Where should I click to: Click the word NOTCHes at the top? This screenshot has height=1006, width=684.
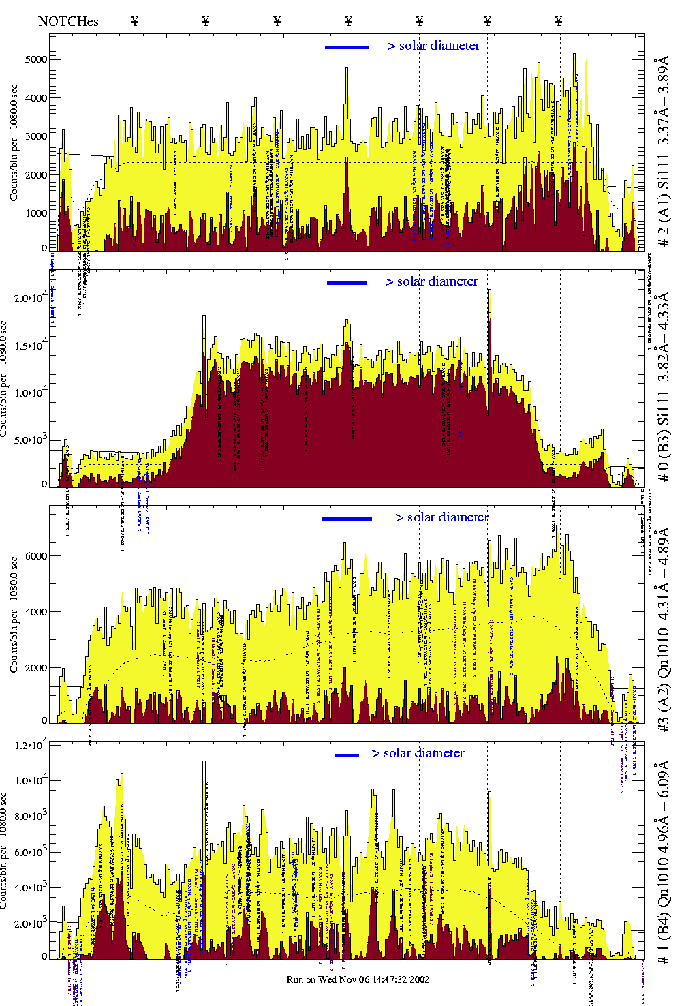click(x=68, y=21)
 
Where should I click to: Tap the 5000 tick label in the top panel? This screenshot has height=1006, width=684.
click(x=36, y=59)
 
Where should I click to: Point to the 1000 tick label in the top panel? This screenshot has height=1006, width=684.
click(x=36, y=213)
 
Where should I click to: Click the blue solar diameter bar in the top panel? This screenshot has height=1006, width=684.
click(x=347, y=47)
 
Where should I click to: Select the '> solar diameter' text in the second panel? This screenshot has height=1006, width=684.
click(x=431, y=281)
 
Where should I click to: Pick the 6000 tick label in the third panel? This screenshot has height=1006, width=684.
click(x=36, y=556)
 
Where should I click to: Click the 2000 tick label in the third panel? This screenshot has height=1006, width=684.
click(x=36, y=668)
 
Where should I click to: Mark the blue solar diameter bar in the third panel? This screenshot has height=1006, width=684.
click(x=347, y=519)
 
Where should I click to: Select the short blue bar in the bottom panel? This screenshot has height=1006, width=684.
click(x=347, y=755)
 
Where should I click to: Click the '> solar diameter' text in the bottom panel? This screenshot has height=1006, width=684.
click(x=418, y=753)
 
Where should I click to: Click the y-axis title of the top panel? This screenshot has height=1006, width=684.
click(x=14, y=143)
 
